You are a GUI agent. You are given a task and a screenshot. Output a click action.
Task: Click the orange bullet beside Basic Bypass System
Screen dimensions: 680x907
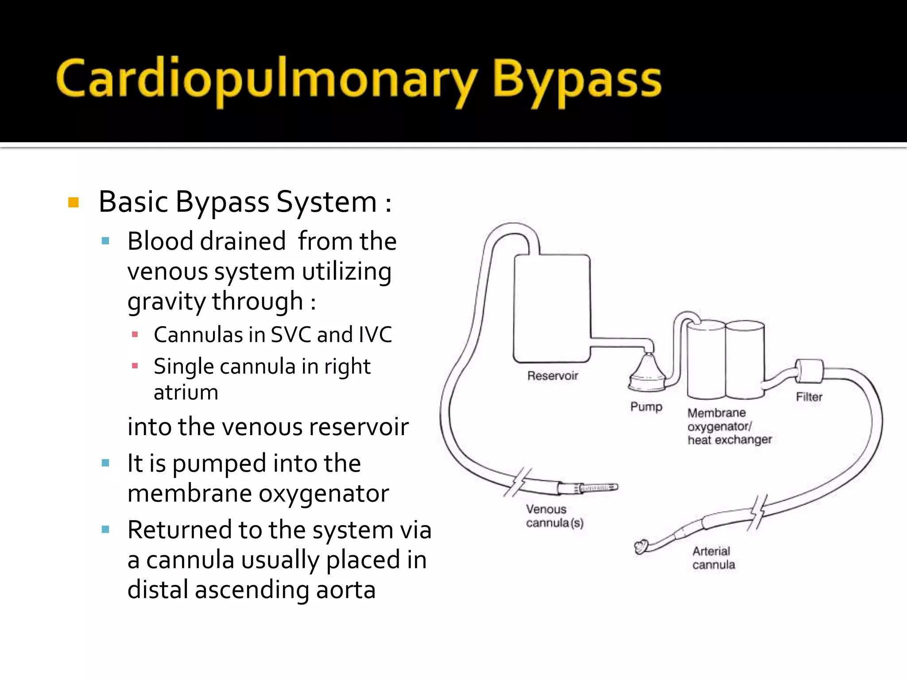(74, 203)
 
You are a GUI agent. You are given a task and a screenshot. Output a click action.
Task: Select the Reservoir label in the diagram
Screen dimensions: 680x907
(553, 376)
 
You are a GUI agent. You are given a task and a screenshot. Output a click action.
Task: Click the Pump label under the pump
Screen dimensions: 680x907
(646, 406)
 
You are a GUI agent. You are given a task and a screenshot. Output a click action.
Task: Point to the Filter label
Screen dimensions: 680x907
(809, 397)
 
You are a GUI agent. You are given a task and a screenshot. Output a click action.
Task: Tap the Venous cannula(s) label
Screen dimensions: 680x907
(554, 516)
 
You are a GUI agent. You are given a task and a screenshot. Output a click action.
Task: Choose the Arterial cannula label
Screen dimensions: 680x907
(713, 558)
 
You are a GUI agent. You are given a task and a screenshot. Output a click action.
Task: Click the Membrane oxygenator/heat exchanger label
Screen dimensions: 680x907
(729, 426)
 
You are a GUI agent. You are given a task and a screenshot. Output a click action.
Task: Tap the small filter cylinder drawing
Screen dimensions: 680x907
(810, 371)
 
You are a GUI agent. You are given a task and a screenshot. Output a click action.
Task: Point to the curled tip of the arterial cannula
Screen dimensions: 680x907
(641, 547)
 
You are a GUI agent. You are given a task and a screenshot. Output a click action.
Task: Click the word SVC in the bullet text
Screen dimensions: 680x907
(290, 335)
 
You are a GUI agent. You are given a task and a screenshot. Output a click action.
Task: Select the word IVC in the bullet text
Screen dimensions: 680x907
(375, 335)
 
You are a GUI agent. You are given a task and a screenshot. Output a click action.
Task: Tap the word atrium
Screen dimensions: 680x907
(186, 393)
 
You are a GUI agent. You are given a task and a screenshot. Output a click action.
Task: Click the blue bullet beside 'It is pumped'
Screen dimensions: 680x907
(105, 463)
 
